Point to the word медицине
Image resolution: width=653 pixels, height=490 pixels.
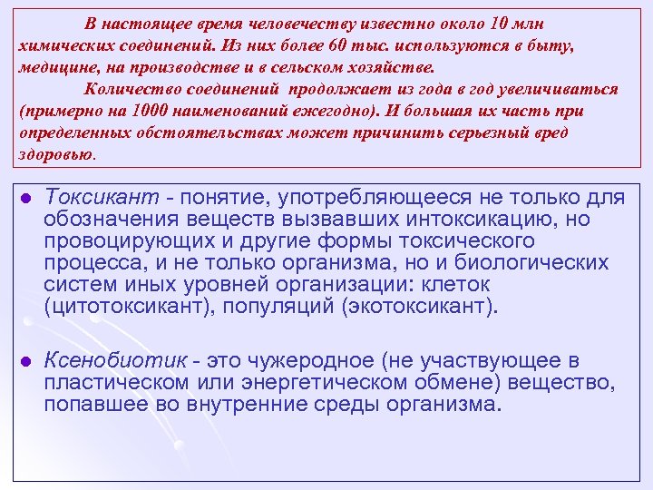[x=53, y=67]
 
